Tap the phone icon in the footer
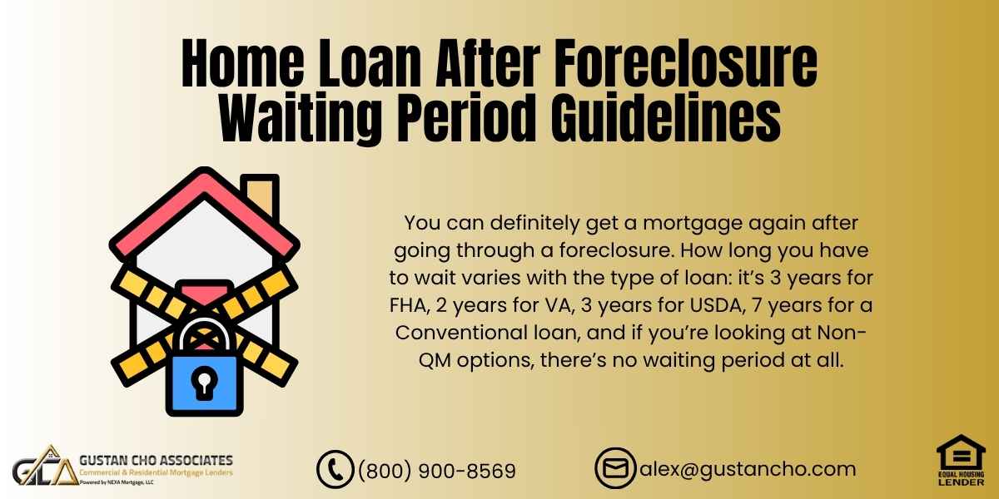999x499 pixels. (335, 469)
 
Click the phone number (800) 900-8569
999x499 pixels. (436, 471)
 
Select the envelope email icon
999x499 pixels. (614, 468)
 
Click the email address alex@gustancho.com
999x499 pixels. (747, 469)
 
